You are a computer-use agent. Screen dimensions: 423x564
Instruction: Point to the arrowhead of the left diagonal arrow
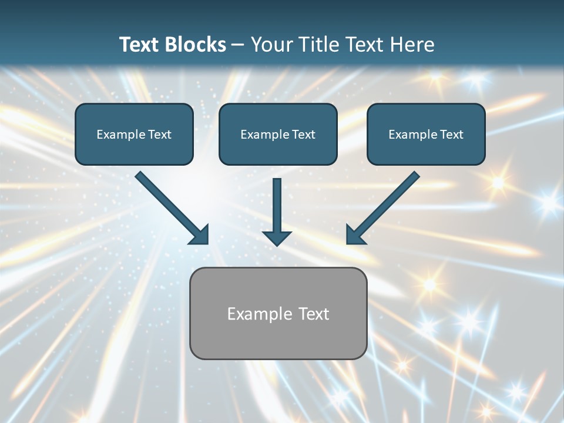point(200,234)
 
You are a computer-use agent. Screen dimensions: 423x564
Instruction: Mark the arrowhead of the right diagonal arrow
point(355,234)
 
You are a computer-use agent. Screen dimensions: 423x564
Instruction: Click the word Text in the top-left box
point(160,135)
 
